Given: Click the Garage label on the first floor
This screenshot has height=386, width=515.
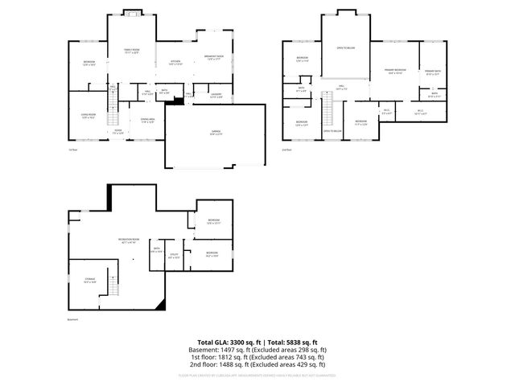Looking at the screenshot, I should coord(214,134).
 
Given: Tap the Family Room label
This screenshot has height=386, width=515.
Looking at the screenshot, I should coord(130,51).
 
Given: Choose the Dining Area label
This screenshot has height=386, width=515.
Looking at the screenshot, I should coord(147,120).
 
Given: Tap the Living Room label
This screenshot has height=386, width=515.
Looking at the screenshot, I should coord(86,116).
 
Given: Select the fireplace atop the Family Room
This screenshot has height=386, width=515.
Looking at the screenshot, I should coord(130,13).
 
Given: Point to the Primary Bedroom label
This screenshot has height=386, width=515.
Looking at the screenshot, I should coord(394,72).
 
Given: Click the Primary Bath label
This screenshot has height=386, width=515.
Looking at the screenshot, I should coord(432,72).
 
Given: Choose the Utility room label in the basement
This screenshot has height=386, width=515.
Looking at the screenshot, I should coord(174,256).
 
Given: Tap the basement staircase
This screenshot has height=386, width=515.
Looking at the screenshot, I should coord(114,285).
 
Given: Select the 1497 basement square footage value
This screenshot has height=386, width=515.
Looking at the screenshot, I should coord(228,350).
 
